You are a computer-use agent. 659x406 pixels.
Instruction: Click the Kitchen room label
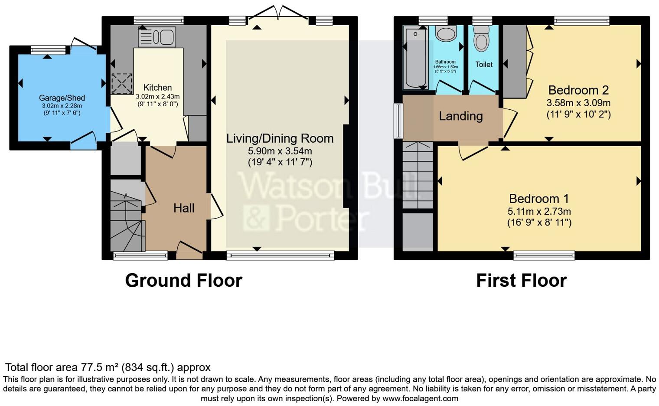pyautogui.click(x=157, y=88)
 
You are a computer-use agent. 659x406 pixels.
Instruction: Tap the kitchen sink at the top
pyautogui.click(x=157, y=37)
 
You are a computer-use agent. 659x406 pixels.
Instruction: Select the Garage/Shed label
pyautogui.click(x=62, y=98)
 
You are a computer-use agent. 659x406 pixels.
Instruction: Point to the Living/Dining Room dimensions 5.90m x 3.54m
pyautogui.click(x=280, y=151)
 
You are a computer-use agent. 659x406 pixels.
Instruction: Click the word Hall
pyautogui.click(x=184, y=208)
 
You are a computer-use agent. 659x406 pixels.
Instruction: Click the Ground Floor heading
pyautogui.click(x=183, y=281)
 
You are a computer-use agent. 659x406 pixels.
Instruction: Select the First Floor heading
pyautogui.click(x=521, y=281)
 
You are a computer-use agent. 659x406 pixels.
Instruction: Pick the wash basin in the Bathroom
pyautogui.click(x=446, y=33)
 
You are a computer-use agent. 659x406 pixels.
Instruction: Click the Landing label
pyautogui.click(x=460, y=116)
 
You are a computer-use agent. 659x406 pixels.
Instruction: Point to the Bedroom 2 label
pyautogui.click(x=578, y=90)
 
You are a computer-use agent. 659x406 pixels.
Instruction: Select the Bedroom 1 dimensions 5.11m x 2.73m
pyautogui.click(x=539, y=212)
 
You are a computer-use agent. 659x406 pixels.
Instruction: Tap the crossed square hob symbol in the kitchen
pyautogui.click(x=122, y=83)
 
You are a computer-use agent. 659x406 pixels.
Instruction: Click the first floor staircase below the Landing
pyautogui.click(x=418, y=175)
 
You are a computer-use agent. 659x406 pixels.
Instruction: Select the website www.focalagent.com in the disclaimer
pyautogui.click(x=419, y=398)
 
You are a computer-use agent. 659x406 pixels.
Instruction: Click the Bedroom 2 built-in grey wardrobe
pyautogui.click(x=514, y=61)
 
